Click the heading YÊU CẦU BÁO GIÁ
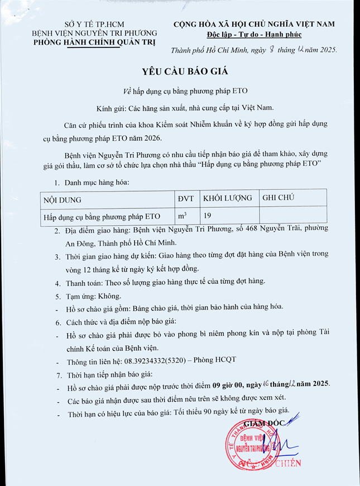point(180,72)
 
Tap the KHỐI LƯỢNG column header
point(227,198)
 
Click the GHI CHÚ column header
point(279,198)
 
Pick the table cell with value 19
point(207,215)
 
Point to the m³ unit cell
point(182,215)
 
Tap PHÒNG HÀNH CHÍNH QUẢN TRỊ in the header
point(94,42)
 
